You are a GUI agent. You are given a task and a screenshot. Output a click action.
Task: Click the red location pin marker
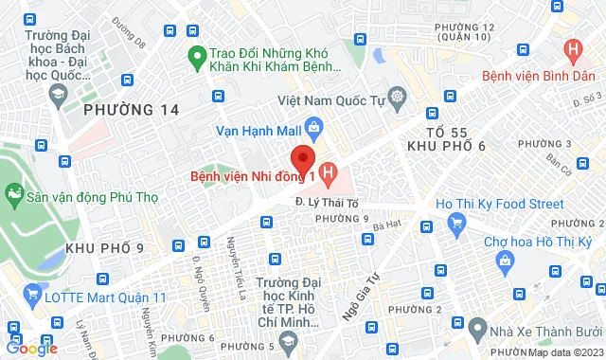(x=302, y=156)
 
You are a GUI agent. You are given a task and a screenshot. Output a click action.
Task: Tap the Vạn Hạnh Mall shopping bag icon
(x=315, y=124)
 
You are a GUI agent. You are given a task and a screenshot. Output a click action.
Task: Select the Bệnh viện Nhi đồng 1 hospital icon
(x=329, y=172)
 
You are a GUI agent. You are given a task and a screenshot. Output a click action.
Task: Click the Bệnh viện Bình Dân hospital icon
(x=572, y=50)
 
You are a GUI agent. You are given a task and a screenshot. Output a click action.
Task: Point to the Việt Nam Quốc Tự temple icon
(x=396, y=96)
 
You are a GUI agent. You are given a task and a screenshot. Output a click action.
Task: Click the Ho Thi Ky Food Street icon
(x=457, y=224)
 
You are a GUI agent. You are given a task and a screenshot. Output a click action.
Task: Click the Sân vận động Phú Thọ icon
(x=14, y=196)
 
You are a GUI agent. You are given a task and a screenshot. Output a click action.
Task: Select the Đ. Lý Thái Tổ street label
(x=326, y=201)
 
